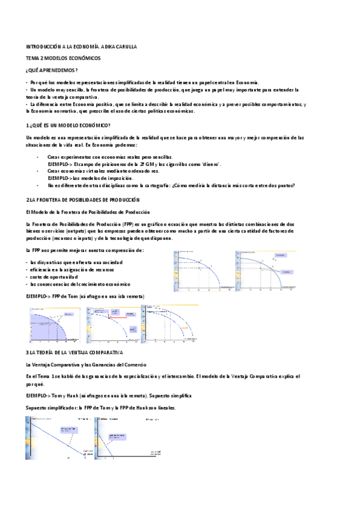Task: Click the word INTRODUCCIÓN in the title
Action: (43, 46)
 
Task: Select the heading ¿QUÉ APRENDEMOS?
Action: (52, 70)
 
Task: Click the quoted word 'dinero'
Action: (209, 164)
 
